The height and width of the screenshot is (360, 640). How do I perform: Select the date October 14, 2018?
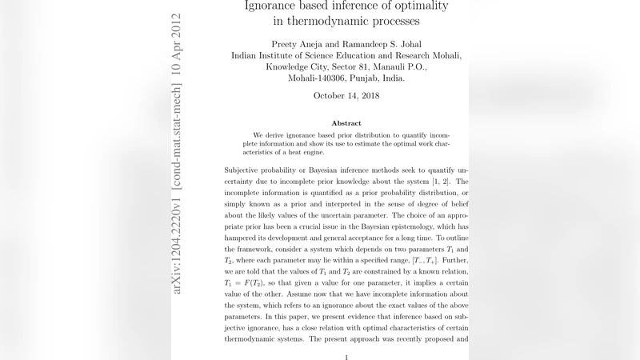[x=346, y=96]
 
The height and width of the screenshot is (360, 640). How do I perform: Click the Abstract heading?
[x=346, y=124]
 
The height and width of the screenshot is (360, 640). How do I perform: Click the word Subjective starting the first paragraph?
[x=248, y=171]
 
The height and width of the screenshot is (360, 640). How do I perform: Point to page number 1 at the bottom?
[x=346, y=357]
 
